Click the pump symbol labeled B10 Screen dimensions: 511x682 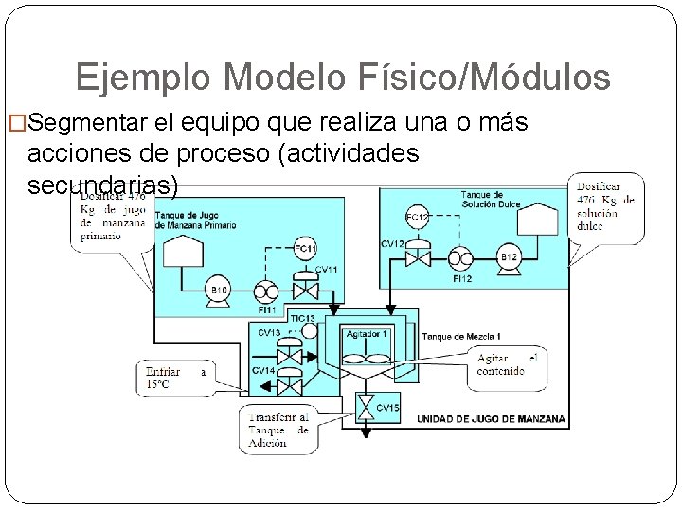(219, 290)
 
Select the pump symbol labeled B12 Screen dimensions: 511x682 (509, 256)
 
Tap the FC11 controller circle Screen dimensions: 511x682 (304, 249)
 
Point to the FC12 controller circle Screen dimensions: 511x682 (416, 218)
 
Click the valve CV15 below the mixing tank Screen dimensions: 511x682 (365, 407)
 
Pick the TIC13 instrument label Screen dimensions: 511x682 (302, 319)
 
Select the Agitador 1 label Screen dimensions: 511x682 (366, 334)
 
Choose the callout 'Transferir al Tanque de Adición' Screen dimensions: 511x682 (278, 430)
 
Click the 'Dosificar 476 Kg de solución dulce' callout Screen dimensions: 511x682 (605, 206)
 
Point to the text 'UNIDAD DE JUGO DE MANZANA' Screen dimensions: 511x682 (491, 418)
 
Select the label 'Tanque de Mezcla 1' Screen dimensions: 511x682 (461, 337)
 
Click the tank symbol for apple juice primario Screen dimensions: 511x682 (183, 251)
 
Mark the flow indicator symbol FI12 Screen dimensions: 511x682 (461, 257)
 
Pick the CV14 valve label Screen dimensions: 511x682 (263, 370)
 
